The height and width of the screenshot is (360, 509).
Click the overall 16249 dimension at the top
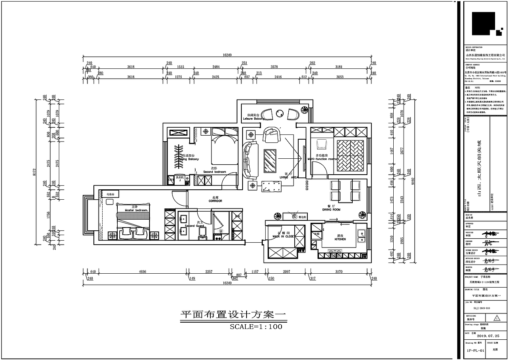(227, 55)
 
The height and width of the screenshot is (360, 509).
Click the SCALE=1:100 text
(256, 327)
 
